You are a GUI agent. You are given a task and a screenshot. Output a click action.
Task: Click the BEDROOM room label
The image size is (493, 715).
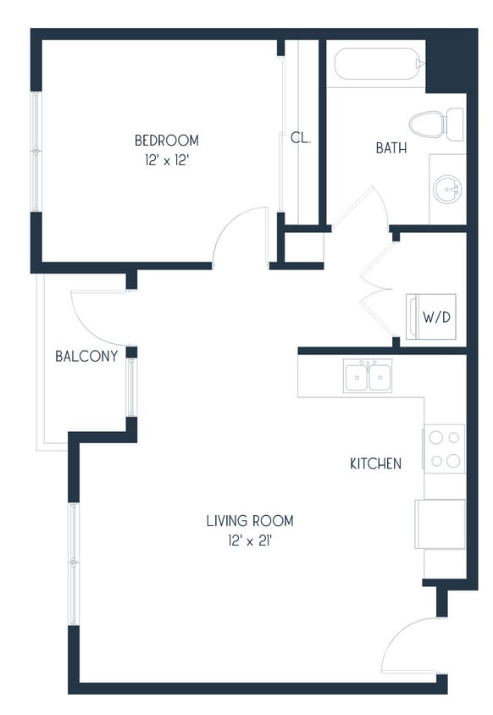coord(166,140)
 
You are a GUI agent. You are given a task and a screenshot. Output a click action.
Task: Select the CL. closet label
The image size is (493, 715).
coord(300,137)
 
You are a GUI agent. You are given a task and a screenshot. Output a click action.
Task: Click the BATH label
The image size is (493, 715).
coord(391,148)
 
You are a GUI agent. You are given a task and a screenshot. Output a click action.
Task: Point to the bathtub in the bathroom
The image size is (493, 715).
coord(378,64)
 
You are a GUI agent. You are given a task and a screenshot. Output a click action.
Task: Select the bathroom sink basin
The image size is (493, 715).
coord(447,189)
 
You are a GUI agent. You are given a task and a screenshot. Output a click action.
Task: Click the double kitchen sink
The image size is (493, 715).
coord(368,375)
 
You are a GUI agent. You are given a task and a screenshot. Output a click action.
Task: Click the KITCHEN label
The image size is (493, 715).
coord(375,463)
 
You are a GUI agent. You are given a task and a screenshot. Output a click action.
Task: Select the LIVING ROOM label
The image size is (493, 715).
coord(249,521)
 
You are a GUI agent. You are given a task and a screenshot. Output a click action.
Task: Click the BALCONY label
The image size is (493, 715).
coord(86,356)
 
